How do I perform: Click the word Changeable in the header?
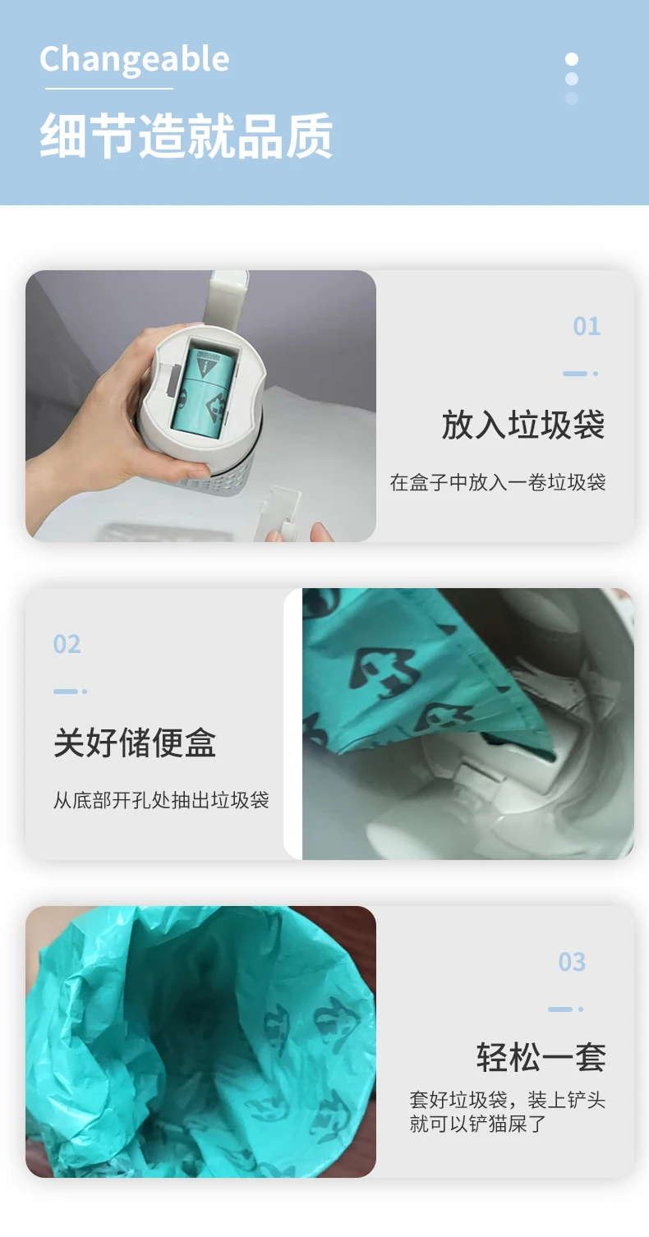(134, 60)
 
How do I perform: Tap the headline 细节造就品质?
(186, 136)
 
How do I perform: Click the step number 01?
(587, 326)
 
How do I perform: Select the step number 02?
(67, 644)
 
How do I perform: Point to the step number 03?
(572, 962)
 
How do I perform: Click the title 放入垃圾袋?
(523, 425)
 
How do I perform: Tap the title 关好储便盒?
(134, 743)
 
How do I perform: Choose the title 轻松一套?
(541, 1057)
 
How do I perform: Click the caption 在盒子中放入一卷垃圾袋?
(498, 482)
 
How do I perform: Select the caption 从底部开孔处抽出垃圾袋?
(161, 800)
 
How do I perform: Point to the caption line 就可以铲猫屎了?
(478, 1124)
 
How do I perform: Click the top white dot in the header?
(572, 59)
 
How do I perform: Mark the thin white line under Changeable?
(108, 89)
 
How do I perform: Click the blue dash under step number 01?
(575, 374)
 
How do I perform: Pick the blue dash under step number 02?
(65, 692)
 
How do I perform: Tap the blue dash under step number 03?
(560, 1009)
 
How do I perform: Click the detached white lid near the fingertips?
(283, 513)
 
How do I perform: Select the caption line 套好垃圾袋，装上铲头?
(508, 1100)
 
